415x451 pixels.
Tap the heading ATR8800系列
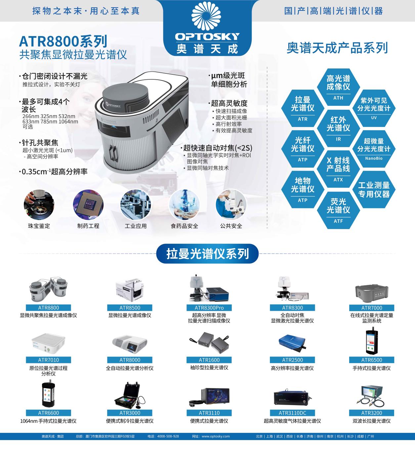(x=63, y=41)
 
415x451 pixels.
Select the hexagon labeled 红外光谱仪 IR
(x=338, y=127)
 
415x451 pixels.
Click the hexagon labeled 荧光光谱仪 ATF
(x=338, y=209)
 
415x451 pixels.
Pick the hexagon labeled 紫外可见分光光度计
(x=374, y=107)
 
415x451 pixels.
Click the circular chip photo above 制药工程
(x=88, y=205)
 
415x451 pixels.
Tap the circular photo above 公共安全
(x=231, y=205)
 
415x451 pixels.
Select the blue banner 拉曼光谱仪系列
(x=207, y=254)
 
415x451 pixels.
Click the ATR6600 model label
(x=48, y=413)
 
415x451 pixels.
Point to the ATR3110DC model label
(x=292, y=413)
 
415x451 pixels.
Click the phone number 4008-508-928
(x=168, y=436)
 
